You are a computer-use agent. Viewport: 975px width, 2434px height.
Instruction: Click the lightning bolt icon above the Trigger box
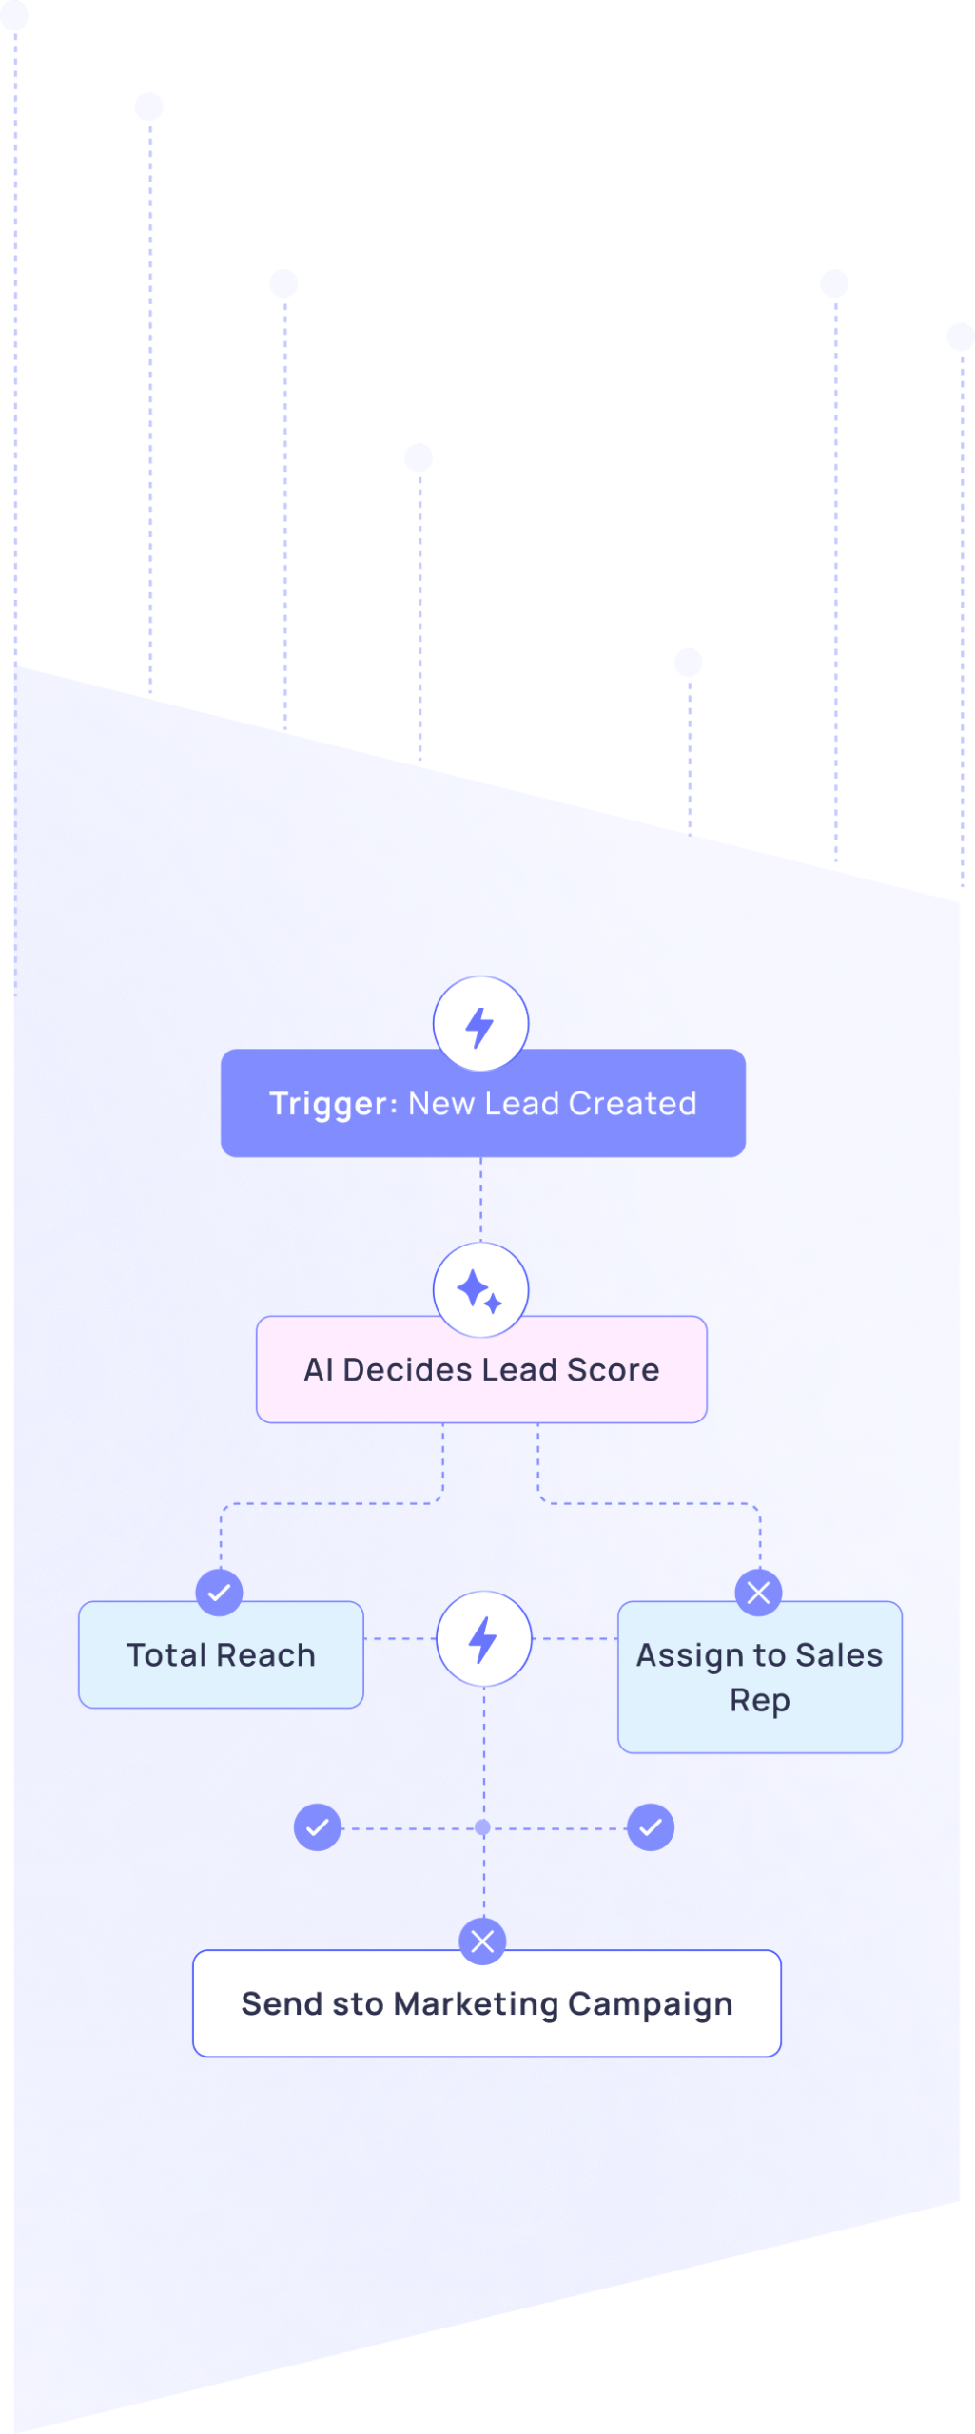480,1025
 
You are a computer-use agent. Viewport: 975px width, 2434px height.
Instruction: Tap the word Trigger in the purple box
328,1104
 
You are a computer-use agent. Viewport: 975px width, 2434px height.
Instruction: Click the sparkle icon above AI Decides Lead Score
480,1290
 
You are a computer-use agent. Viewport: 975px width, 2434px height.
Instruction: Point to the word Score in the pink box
613,1370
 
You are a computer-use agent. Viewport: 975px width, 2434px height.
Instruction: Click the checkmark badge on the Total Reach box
219,1593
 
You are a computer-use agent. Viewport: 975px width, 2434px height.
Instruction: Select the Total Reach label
221,1655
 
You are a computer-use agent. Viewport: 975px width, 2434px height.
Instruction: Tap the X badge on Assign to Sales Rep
758,1593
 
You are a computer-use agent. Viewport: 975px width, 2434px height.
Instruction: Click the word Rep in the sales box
759,1700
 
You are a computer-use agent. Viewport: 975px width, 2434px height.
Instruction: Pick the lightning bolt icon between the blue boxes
483,1639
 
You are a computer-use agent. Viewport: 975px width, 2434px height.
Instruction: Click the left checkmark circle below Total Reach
318,1827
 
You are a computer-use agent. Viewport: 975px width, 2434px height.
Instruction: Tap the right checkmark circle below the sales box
651,1827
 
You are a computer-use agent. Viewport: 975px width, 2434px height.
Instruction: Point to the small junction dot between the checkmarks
483,1827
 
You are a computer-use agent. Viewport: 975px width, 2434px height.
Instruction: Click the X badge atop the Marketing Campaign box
482,1941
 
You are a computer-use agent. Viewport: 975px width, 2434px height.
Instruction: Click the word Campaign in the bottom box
651,2004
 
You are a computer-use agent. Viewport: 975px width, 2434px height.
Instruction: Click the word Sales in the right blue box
839,1655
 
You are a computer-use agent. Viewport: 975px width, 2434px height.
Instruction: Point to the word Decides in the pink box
407,1370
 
